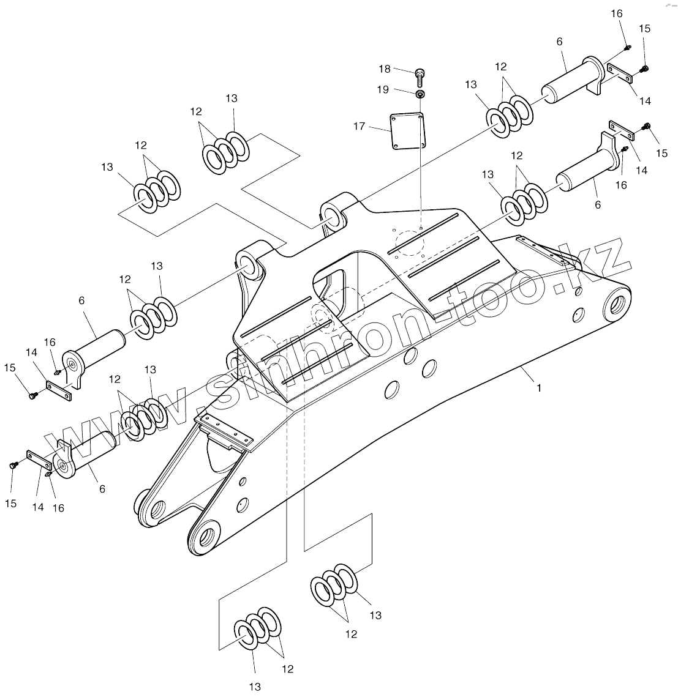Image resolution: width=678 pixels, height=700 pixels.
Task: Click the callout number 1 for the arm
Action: tap(539, 388)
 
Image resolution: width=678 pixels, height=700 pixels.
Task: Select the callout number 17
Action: tap(359, 127)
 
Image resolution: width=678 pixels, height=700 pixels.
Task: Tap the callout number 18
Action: tap(385, 69)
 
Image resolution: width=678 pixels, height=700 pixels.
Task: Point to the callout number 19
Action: tap(383, 89)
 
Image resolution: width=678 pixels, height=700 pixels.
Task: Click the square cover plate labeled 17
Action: tap(407, 129)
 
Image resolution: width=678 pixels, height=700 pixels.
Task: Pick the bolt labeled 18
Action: tap(420, 76)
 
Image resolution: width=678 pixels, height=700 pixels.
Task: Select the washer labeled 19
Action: tap(420, 94)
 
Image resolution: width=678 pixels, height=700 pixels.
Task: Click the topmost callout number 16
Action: tap(617, 13)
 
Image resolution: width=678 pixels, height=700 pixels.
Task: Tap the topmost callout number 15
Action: tap(644, 29)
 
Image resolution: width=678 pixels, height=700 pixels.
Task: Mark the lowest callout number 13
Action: tap(255, 687)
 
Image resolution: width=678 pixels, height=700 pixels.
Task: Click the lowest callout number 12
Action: tap(288, 669)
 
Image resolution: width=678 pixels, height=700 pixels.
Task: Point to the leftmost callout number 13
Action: tap(108, 167)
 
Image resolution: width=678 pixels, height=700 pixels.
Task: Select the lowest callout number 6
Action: tap(102, 488)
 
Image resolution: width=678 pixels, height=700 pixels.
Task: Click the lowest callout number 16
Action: tap(59, 507)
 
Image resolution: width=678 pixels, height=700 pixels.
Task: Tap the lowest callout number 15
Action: tap(11, 503)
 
